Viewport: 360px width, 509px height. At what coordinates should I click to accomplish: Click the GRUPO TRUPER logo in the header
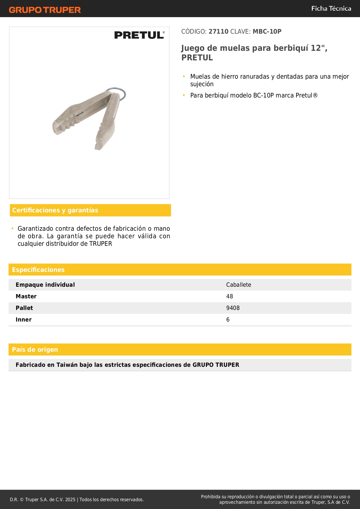45,10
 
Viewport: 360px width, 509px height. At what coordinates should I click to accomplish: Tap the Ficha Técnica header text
331,9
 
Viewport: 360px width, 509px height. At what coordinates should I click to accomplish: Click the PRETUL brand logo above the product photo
139,35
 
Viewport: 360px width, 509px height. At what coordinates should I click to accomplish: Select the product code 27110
218,32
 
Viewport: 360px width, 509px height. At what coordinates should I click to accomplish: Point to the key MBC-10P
267,32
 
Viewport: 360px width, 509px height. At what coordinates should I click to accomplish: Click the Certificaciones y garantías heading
55,210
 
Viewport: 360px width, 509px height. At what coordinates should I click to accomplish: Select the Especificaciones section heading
38,270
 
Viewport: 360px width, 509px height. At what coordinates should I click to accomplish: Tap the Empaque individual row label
45,285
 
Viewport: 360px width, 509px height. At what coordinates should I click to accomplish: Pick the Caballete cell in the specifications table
239,285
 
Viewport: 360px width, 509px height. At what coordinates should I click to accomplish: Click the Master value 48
229,296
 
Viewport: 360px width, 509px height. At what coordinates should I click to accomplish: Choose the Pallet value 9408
233,308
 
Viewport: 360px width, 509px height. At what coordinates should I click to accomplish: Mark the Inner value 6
228,320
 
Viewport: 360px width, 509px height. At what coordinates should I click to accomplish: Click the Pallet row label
24,308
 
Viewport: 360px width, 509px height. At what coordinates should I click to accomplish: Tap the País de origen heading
35,350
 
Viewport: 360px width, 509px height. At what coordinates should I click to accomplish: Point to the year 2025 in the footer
70,499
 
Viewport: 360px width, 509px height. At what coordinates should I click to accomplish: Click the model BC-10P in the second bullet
263,95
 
